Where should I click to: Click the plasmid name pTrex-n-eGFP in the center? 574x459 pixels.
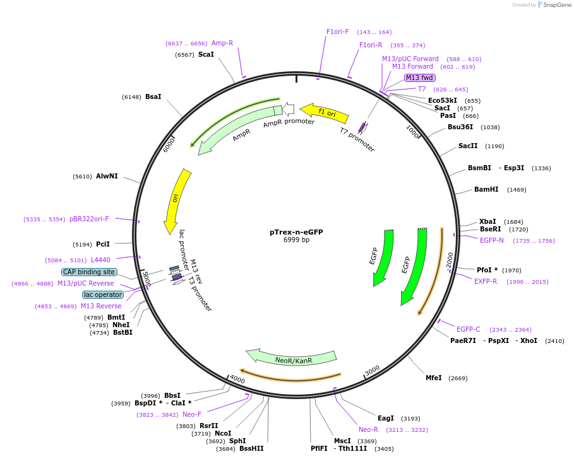click(296, 232)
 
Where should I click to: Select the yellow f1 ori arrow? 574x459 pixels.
click(324, 113)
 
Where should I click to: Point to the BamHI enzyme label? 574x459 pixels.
click(486, 189)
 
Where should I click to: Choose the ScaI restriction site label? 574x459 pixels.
click(206, 54)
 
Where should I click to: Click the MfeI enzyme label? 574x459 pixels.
click(433, 378)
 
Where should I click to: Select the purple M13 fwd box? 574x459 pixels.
click(419, 78)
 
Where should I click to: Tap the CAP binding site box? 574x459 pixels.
click(89, 272)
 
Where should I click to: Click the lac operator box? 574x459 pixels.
click(103, 294)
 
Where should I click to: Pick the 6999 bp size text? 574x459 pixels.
click(296, 240)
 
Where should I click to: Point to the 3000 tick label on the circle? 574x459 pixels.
click(373, 370)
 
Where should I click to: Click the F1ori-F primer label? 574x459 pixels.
click(338, 32)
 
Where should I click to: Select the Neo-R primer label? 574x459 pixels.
click(368, 430)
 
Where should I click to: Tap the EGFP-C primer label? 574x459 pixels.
click(468, 329)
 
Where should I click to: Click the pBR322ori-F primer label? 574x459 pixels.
click(89, 219)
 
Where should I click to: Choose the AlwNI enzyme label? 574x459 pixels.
click(107, 176)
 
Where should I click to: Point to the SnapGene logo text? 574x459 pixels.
click(557, 5)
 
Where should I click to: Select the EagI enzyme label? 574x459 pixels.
click(385, 418)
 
